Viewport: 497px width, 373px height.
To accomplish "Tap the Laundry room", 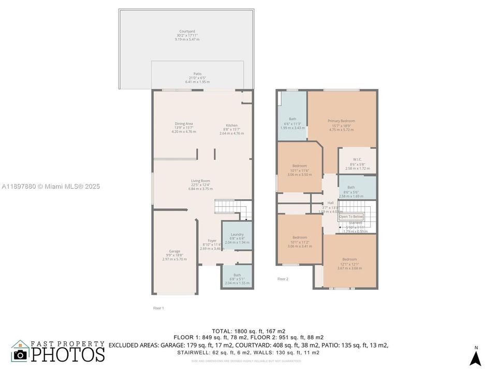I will tap(237, 237).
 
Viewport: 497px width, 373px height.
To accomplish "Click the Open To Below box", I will tap(351, 217).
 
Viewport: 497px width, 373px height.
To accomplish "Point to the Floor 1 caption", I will tap(158, 308).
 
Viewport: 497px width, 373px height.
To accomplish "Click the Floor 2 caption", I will tap(283, 279).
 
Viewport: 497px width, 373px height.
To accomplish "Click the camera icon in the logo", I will tap(20, 354).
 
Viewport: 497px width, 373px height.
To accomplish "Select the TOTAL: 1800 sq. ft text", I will tap(248, 331).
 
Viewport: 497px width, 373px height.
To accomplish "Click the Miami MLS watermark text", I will tap(51, 187).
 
